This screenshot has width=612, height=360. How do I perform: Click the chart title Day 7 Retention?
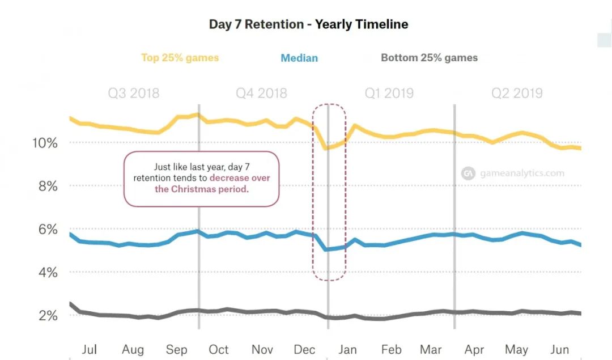pos(308,24)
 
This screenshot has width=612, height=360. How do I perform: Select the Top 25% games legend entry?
pos(180,58)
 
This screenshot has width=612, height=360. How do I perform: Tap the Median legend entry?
pos(299,58)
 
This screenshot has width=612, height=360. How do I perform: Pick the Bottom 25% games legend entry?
pos(429,58)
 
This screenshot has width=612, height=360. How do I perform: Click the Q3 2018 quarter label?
pos(134,94)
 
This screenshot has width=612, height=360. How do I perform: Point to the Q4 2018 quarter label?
pos(261,94)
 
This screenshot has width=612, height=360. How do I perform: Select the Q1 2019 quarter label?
pos(389,94)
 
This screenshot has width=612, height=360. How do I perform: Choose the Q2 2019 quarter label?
pos(517,94)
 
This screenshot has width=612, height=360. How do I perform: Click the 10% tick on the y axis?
pos(44,143)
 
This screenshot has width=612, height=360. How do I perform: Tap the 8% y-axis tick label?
pos(47,186)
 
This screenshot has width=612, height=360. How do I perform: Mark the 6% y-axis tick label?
pos(47,230)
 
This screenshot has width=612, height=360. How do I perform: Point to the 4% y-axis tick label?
pos(47,273)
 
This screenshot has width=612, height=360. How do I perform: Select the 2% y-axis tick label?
pos(47,316)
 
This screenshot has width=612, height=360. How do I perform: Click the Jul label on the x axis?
pos(89,349)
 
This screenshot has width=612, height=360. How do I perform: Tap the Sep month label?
pos(176,349)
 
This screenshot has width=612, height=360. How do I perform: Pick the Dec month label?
pos(305,349)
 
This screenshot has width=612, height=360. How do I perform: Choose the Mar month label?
pos(431,349)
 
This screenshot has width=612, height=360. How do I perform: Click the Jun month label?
pos(560,349)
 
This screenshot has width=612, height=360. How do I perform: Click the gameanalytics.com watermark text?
pos(522,173)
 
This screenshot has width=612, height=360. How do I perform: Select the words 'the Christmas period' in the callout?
pos(202,189)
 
